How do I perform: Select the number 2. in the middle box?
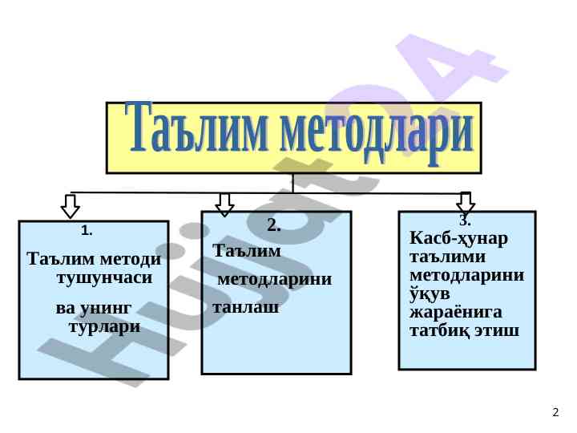click(x=273, y=225)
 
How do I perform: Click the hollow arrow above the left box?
click(x=71, y=204)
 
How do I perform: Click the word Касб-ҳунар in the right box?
click(x=458, y=240)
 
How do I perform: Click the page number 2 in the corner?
click(x=555, y=413)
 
